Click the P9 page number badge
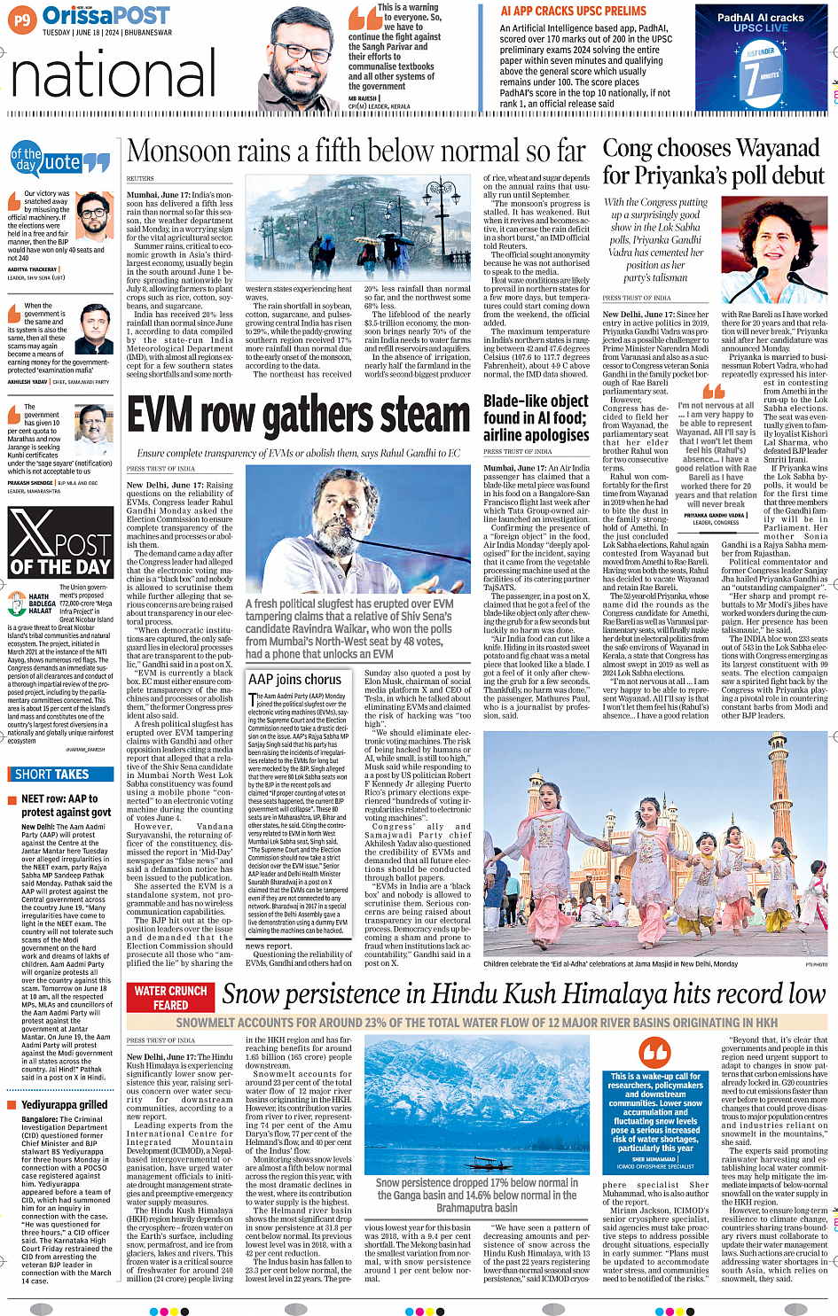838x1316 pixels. pos(22,17)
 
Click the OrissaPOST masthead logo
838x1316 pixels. pos(106,15)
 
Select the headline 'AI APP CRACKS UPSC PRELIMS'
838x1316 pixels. pos(573,12)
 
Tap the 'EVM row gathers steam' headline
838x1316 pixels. pos(298,415)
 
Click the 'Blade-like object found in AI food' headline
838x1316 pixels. pos(536,417)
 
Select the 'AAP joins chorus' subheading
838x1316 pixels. pos(294,679)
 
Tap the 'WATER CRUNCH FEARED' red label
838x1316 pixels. pos(170,998)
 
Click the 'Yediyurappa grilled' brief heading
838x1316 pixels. pos(64,1104)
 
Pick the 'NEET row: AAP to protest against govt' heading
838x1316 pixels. pos(66,805)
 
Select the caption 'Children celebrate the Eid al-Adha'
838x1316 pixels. pos(611,963)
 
